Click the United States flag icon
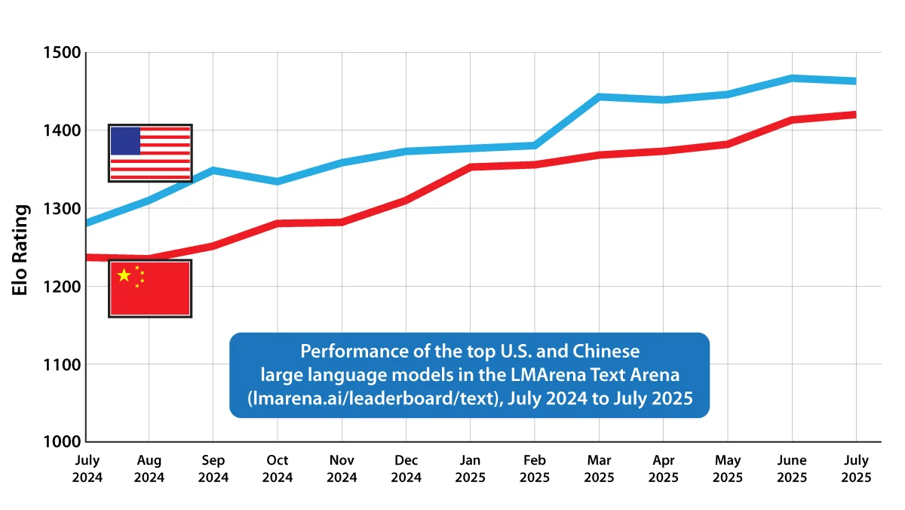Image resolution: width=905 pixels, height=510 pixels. point(150,152)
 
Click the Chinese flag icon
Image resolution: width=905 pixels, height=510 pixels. point(150,288)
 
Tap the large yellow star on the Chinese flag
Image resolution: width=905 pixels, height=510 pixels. point(124,275)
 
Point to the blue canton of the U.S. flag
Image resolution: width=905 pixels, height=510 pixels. point(125,141)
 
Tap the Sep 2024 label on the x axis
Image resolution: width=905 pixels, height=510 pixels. point(213,469)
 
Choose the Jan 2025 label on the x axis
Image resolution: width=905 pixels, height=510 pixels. point(470,469)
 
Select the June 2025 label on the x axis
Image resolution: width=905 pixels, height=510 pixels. point(792,469)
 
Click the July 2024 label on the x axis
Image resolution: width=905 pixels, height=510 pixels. point(86,469)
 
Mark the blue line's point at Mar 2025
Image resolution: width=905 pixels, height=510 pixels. point(599,97)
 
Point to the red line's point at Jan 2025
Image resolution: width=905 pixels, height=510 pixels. point(470,167)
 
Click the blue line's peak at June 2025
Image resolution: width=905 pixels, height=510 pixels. point(792,78)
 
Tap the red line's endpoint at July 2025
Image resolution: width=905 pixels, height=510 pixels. point(854,115)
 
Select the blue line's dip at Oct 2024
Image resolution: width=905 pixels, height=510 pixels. point(277,181)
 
